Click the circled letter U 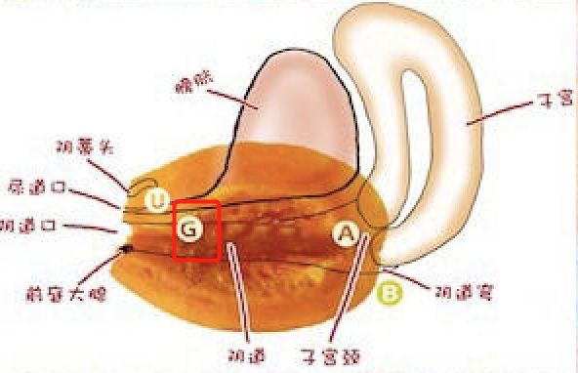click(x=155, y=201)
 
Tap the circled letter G click(x=190, y=230)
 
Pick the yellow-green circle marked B click(x=390, y=291)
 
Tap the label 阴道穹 click(x=452, y=290)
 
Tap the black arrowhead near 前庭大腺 click(x=126, y=249)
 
